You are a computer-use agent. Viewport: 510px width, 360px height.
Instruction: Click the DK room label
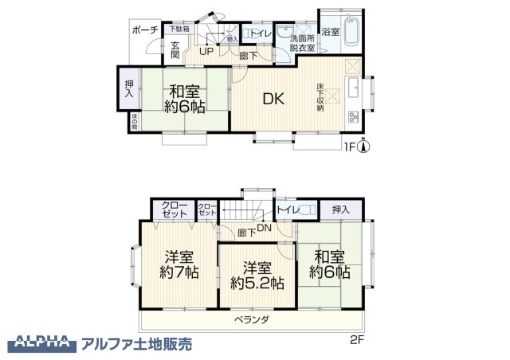(274, 100)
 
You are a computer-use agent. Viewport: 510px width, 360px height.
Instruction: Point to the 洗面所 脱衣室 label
(302, 43)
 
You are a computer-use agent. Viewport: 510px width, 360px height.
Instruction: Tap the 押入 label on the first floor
(129, 88)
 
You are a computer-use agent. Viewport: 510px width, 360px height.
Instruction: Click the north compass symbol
(363, 146)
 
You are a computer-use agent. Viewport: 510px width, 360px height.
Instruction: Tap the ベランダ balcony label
(252, 320)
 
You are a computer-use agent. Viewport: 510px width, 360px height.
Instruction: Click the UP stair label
(206, 53)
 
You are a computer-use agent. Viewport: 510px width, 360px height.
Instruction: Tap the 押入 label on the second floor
(340, 209)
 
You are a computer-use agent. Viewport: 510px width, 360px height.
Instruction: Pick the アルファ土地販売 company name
(136, 344)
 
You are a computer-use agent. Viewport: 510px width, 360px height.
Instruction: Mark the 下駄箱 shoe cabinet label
(179, 29)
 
